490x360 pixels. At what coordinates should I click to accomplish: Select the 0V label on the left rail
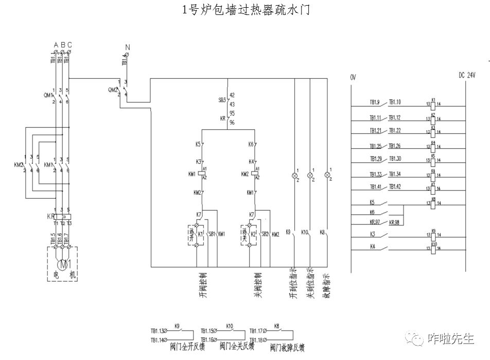353,77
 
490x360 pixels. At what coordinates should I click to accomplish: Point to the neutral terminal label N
127,47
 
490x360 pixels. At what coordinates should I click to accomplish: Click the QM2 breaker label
112,90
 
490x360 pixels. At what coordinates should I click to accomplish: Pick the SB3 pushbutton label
222,99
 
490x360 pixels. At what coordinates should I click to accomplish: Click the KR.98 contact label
395,222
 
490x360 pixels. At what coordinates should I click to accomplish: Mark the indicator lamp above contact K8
326,175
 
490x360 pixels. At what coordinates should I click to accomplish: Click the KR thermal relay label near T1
50,216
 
